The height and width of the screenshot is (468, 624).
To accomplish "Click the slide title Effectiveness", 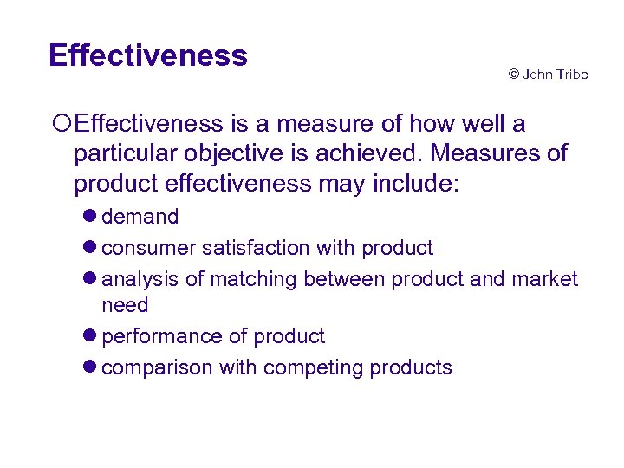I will click(148, 55).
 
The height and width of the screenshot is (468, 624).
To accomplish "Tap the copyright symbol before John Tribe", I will click(513, 75).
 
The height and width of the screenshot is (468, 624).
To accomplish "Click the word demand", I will click(140, 217).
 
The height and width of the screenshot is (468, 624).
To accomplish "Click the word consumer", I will click(148, 248).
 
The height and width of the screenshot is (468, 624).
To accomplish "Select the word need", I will click(125, 305).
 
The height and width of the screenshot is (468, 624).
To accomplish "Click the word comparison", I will click(157, 367).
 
